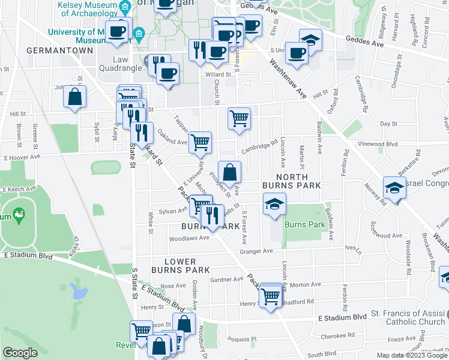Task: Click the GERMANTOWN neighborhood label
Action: [x=60, y=50]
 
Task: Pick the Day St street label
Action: [x=389, y=124]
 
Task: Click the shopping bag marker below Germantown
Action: [x=75, y=97]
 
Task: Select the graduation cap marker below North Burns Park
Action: [x=274, y=205]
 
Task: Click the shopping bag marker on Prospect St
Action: [x=229, y=173]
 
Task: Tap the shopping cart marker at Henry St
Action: [x=271, y=296]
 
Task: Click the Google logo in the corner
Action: [x=20, y=353]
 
